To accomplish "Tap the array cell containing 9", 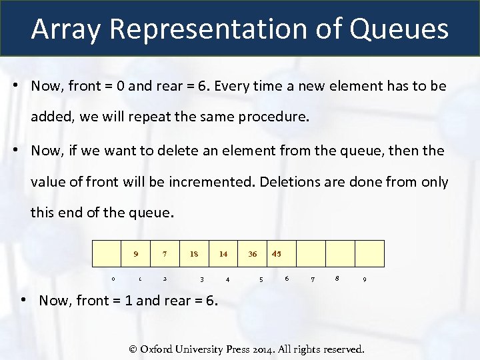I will click(x=136, y=253).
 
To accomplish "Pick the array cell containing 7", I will click(x=165, y=253).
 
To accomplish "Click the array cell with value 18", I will click(x=194, y=253).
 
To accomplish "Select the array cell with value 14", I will click(x=223, y=253).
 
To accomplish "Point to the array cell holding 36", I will click(x=253, y=253).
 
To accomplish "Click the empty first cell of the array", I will click(x=107, y=253).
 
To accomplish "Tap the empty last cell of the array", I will click(x=369, y=253).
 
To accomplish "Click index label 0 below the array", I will click(x=113, y=279).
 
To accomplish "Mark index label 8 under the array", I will click(x=338, y=278).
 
